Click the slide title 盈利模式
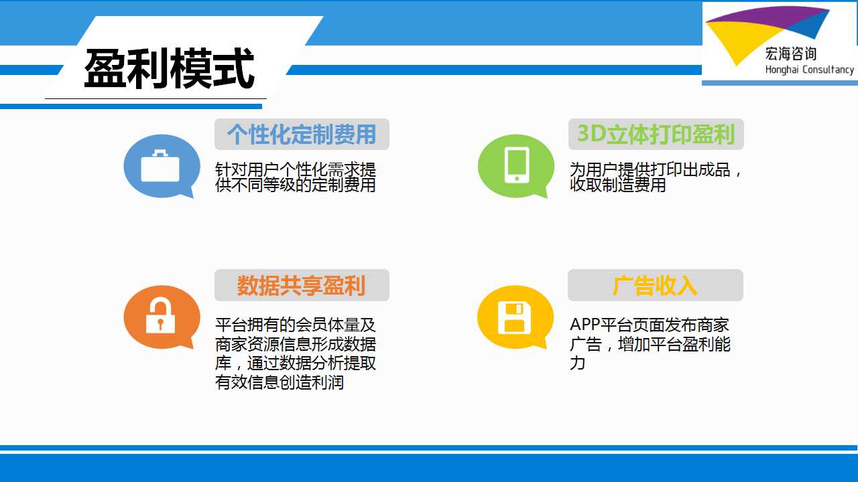click(169, 68)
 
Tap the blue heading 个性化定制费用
click(302, 135)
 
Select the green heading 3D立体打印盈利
click(656, 135)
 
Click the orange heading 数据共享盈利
click(301, 285)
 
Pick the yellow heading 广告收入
click(655, 285)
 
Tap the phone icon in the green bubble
click(517, 165)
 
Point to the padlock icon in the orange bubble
click(160, 315)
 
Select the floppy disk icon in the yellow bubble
click(514, 317)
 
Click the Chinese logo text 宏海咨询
click(790, 54)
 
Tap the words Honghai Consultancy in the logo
click(809, 70)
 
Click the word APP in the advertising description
click(585, 325)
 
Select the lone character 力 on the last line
click(577, 363)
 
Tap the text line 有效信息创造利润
click(280, 382)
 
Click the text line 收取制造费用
click(618, 185)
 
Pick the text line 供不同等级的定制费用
click(296, 185)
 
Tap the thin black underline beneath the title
click(156, 98)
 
